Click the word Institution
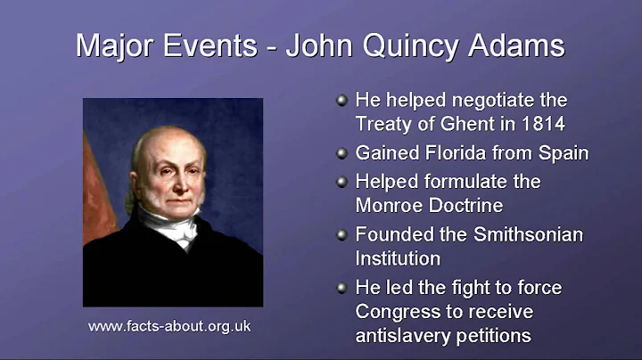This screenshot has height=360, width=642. coord(398,259)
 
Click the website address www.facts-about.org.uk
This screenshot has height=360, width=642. coord(169,327)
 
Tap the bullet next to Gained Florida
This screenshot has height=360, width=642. coord(342,153)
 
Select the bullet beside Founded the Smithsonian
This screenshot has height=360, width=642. coord(342,235)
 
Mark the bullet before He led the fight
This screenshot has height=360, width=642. coord(342,289)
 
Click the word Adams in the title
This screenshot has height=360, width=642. coord(521,45)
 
